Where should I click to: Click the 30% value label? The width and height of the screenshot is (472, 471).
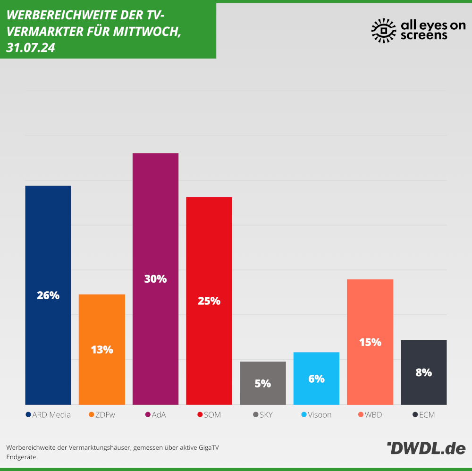155,279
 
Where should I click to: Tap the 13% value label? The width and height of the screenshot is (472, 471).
102,350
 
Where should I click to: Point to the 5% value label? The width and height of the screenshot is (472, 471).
263,384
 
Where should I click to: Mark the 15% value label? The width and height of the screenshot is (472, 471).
370,342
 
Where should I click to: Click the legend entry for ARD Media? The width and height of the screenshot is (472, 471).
48,415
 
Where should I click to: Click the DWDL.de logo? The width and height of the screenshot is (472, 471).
426,448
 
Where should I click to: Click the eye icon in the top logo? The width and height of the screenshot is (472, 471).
384,31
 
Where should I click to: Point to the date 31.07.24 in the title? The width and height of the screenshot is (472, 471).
30,48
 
